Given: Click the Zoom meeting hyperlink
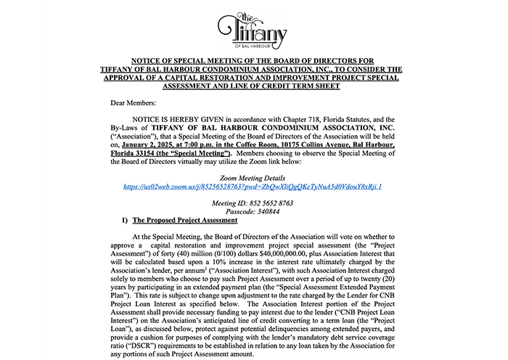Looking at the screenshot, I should [253, 187].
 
